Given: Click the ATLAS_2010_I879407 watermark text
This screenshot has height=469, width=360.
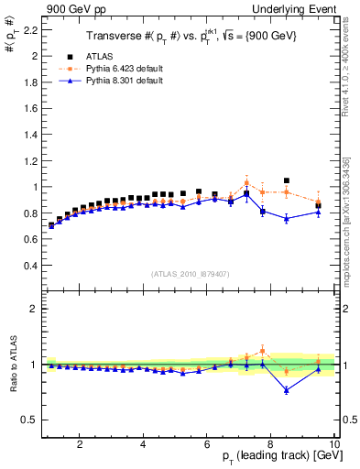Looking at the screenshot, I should [x=190, y=274].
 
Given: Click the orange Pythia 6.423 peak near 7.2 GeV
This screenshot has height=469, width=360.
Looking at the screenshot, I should [x=246, y=182].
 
